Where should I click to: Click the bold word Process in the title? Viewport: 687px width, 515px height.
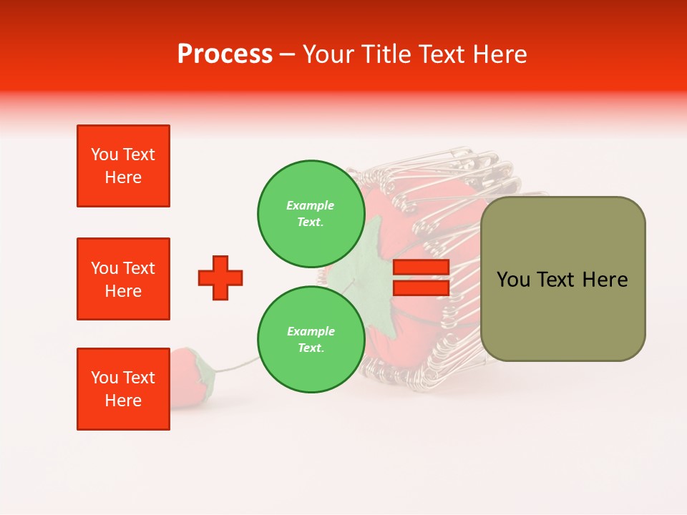(x=225, y=54)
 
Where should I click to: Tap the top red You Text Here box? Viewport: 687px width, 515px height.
(x=123, y=166)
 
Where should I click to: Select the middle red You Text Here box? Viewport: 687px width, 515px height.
(x=123, y=279)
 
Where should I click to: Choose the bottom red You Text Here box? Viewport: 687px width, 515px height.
(x=123, y=389)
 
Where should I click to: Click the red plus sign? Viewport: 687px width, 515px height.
(x=220, y=278)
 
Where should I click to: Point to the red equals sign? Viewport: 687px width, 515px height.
(x=421, y=278)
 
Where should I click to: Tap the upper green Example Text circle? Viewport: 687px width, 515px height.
(x=310, y=213)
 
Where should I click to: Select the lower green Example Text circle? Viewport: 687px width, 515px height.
(x=310, y=339)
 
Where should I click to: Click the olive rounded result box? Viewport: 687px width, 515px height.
(x=562, y=279)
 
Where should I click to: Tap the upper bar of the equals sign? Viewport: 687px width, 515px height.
(x=421, y=267)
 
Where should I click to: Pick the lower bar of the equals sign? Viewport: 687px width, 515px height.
(x=421, y=288)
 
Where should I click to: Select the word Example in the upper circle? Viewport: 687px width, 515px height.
(x=310, y=205)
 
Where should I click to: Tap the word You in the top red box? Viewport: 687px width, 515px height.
(x=104, y=154)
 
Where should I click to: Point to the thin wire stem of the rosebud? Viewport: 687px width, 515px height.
(x=236, y=366)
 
